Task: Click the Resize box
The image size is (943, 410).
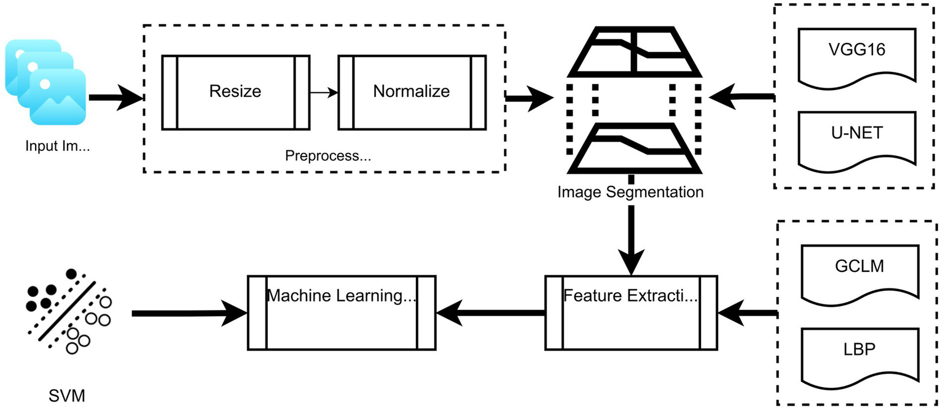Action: (x=235, y=92)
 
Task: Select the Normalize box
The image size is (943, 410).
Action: (x=412, y=92)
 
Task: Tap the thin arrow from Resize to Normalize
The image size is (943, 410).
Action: (x=324, y=93)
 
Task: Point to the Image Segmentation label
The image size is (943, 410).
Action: (x=630, y=192)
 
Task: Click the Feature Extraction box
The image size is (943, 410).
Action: (x=631, y=313)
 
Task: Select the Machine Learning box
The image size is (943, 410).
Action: (x=342, y=313)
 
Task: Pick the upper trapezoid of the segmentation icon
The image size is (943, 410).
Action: (x=633, y=55)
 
